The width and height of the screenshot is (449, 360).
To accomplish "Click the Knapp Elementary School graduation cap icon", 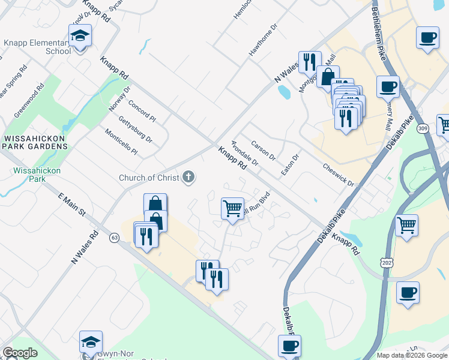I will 80,37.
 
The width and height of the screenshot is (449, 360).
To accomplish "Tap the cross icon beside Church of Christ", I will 188,177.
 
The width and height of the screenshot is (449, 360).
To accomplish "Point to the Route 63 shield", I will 113,238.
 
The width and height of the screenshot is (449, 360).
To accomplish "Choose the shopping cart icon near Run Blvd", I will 232,209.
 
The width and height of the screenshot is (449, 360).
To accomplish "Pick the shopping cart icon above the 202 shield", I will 407,226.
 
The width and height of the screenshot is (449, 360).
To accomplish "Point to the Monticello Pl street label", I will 121,142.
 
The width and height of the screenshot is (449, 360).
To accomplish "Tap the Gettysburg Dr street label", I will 134,130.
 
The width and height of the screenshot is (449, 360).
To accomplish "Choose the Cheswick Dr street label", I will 340,176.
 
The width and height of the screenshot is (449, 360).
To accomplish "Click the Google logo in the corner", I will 20,353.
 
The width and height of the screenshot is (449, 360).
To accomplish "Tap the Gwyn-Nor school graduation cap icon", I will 91,342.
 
